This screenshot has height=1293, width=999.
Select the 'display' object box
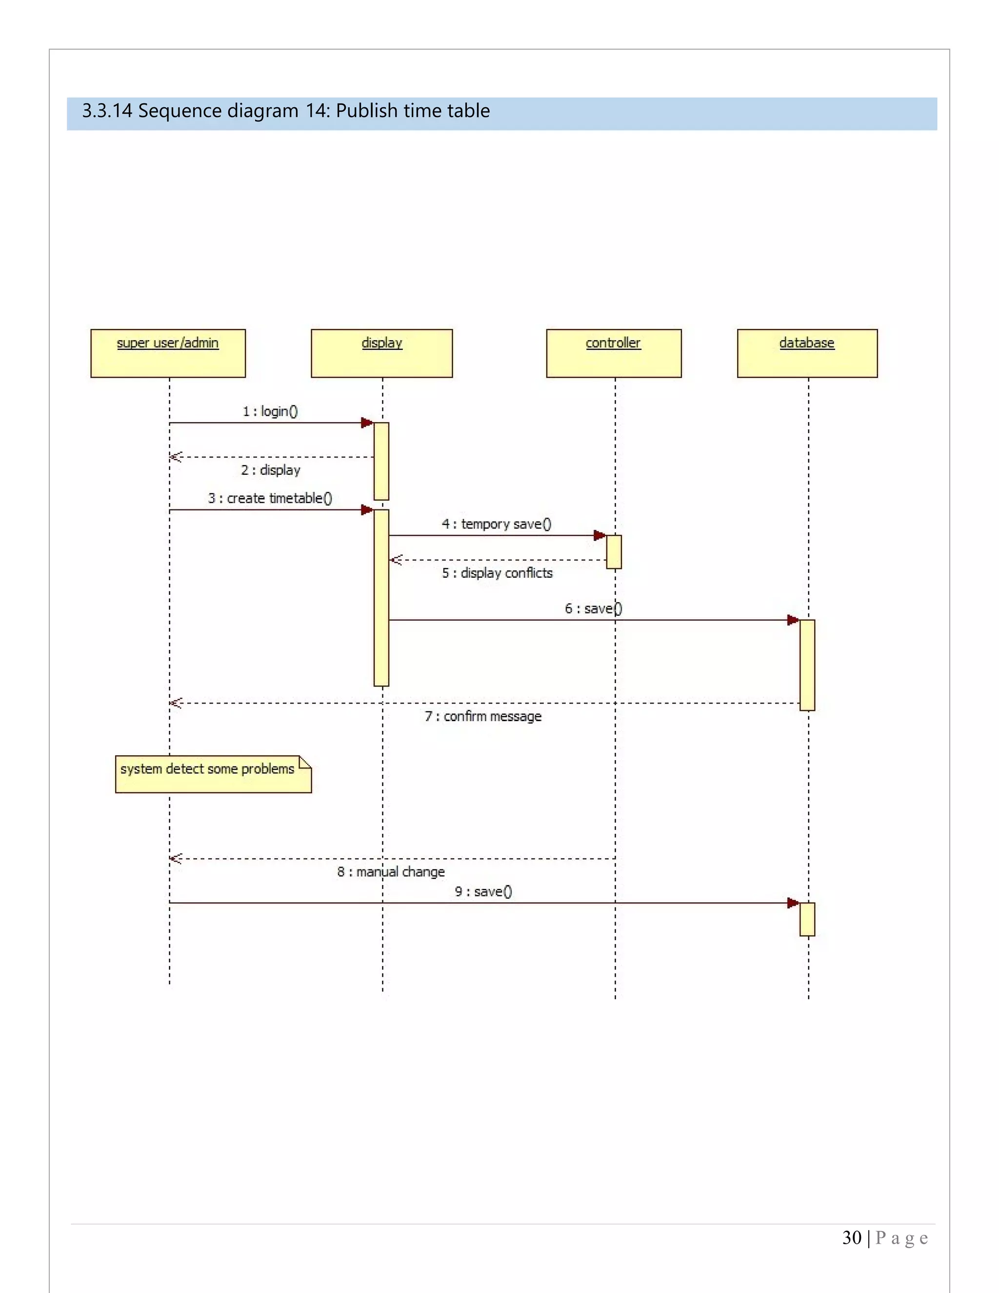tap(382, 353)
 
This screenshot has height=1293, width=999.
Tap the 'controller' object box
tap(614, 353)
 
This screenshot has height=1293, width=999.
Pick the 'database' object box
tap(807, 353)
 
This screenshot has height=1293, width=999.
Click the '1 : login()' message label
tap(270, 411)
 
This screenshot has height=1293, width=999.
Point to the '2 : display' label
tap(270, 470)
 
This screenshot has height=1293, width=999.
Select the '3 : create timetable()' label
tap(270, 498)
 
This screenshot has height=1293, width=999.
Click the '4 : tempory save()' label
tap(497, 524)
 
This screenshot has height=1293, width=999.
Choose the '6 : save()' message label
tap(593, 608)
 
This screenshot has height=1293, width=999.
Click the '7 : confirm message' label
tap(483, 716)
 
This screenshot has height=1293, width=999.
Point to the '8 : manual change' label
tap(391, 871)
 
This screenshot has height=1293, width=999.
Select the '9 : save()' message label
tap(483, 891)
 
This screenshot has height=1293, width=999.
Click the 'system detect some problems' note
tap(213, 774)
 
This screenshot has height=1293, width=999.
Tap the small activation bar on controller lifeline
tap(614, 552)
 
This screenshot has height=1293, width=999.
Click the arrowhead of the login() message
tap(367, 423)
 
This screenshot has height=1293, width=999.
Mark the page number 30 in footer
tap(852, 1238)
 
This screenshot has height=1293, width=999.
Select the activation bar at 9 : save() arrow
tap(807, 919)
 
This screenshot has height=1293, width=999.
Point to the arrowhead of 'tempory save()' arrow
tap(599, 535)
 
